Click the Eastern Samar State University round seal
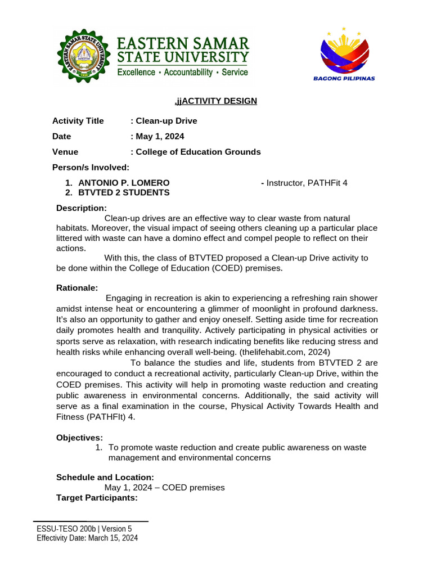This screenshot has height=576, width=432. [84, 56]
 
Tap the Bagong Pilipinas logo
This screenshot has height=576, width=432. [344, 53]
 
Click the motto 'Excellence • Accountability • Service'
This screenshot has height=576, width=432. [182, 73]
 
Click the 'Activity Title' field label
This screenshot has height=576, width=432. [78, 121]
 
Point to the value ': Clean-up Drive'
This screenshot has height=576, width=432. [164, 121]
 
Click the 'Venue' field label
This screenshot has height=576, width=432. [65, 152]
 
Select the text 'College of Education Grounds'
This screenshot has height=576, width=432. [198, 152]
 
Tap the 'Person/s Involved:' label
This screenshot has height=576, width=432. [91, 167]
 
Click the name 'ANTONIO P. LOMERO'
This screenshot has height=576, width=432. [124, 183]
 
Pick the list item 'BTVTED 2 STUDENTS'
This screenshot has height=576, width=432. [124, 192]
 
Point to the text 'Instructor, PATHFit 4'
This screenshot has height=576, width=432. [307, 183]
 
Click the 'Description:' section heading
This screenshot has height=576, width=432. [82, 208]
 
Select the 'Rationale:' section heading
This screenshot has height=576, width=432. [77, 288]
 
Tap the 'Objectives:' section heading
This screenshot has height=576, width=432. [79, 438]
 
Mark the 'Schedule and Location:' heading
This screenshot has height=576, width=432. [105, 477]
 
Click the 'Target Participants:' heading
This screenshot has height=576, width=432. [97, 498]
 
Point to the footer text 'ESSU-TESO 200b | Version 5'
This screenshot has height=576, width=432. [84, 529]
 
